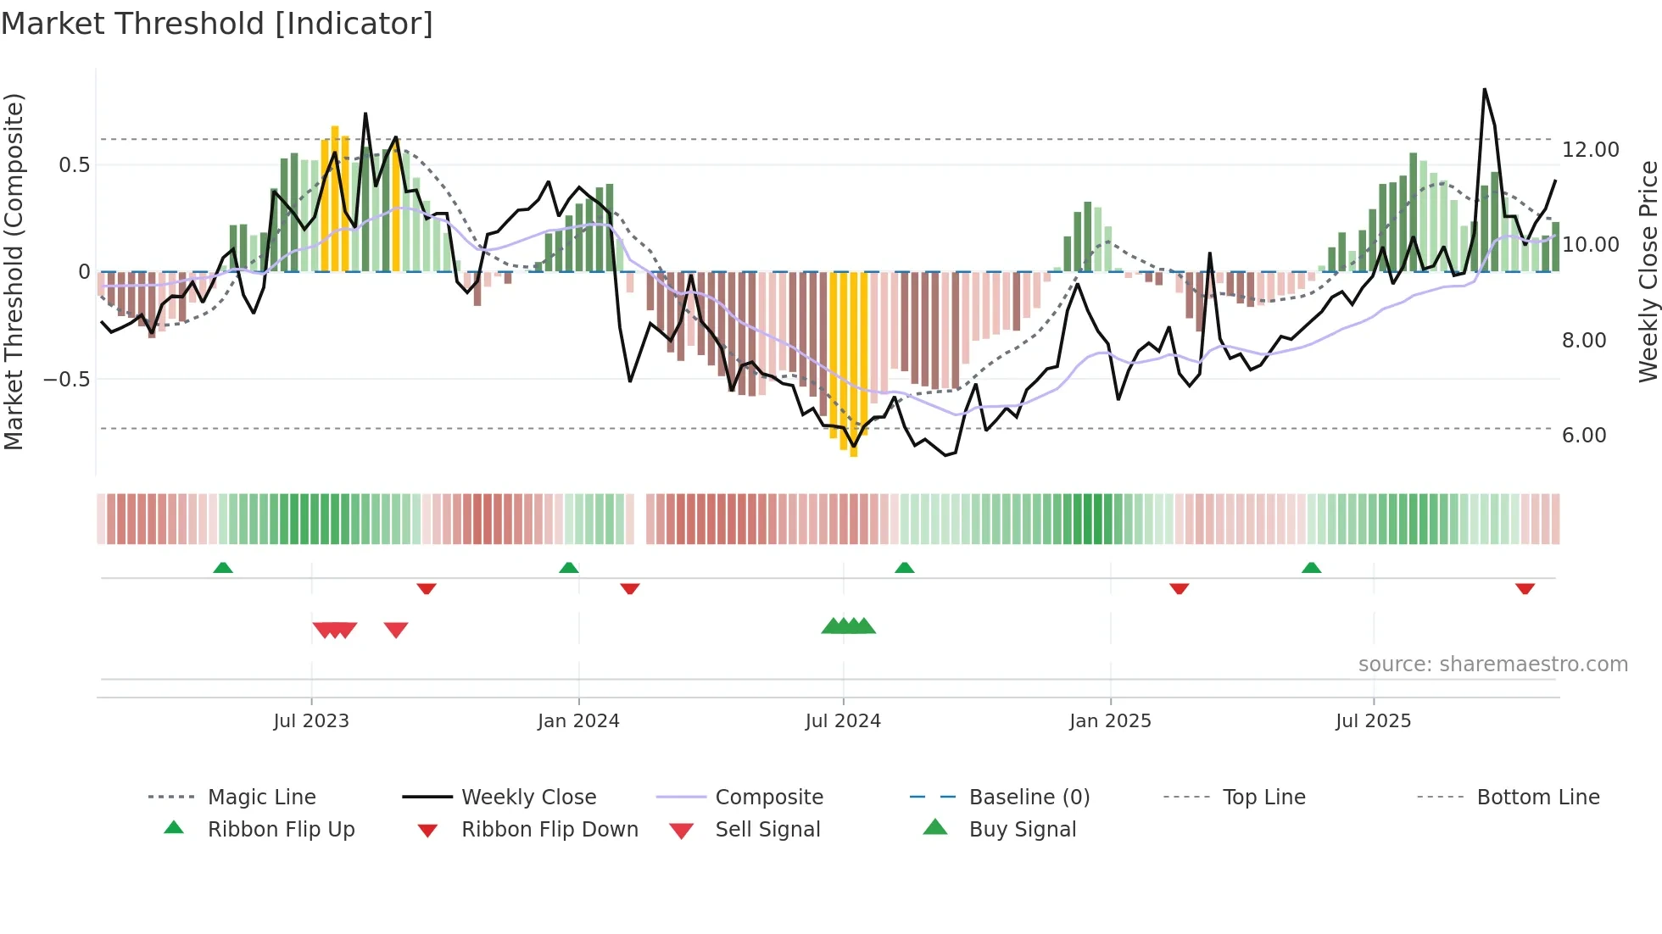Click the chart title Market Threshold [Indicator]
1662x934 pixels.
[x=217, y=24]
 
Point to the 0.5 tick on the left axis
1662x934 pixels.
[x=74, y=164]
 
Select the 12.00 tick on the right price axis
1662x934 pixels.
[x=1590, y=150]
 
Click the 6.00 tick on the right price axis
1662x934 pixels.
[x=1583, y=436]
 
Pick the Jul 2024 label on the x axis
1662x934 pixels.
[x=843, y=721]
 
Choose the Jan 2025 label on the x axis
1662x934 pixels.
[x=1110, y=721]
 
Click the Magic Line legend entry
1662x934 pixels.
[x=261, y=798]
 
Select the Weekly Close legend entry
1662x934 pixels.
[x=528, y=798]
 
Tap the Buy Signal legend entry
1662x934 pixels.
[x=1022, y=830]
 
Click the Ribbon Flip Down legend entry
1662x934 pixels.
[x=549, y=830]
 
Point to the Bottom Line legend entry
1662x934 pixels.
[x=1537, y=798]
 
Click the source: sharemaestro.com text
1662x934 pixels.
[x=1492, y=664]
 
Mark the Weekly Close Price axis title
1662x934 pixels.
[x=1648, y=271]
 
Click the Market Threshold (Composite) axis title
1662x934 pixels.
[x=14, y=271]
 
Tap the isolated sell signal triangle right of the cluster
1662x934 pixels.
[x=396, y=630]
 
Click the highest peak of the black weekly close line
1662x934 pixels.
[x=1485, y=90]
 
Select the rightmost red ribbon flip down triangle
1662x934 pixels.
[x=1525, y=588]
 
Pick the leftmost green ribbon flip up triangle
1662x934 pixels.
[x=223, y=567]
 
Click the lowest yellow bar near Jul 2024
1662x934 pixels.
[x=854, y=453]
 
